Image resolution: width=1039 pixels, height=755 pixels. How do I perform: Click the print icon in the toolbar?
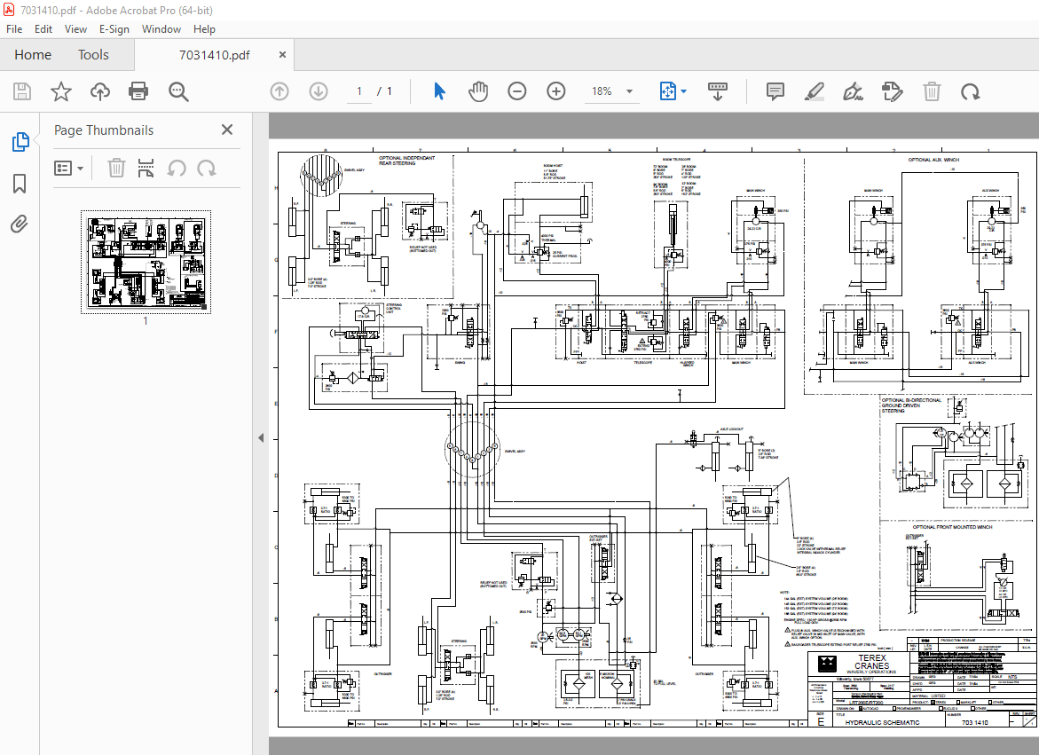click(138, 91)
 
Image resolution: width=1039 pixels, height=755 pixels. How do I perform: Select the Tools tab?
click(93, 55)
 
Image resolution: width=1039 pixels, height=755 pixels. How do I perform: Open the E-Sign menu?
click(114, 28)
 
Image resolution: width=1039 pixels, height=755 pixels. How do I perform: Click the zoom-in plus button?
click(556, 91)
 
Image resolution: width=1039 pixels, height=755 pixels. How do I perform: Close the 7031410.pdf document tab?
click(283, 55)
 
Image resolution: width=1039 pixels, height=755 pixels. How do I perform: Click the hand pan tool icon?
click(478, 91)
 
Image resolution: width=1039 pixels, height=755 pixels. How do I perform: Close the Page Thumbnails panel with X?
click(227, 130)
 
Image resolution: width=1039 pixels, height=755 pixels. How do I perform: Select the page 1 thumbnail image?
click(146, 262)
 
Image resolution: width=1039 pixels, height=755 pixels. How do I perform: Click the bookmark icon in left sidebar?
click(20, 184)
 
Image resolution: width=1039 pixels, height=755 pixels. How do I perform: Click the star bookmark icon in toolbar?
click(60, 91)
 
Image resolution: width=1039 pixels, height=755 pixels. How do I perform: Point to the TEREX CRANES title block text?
click(871, 662)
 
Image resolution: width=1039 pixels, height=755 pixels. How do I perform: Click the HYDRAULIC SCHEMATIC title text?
click(882, 722)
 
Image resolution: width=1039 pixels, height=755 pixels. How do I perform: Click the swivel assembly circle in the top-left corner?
click(322, 174)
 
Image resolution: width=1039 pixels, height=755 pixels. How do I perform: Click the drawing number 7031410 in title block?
click(974, 722)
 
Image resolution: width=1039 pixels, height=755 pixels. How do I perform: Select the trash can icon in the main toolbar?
click(932, 91)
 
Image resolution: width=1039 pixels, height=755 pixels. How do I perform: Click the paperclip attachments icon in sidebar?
click(20, 224)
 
